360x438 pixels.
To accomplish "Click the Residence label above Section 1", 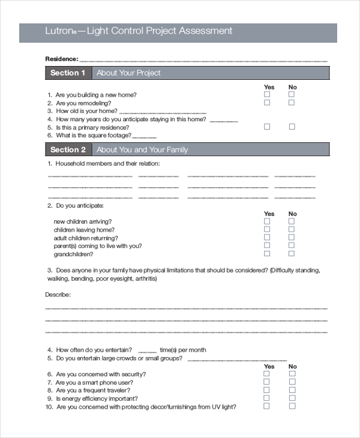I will [61, 59].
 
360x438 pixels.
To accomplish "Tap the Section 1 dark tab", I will [68, 73].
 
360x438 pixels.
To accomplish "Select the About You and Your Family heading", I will [142, 149].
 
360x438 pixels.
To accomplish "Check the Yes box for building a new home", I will [268, 95].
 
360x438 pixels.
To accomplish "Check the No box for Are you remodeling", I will [292, 103].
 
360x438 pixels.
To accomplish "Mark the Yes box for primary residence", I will [268, 127].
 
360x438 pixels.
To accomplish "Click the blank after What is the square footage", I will [150, 136].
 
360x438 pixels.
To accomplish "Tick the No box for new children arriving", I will [292, 221].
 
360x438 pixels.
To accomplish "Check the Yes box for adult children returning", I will [268, 238].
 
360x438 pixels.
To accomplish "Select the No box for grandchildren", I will [292, 254].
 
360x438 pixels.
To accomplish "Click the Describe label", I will [58, 295].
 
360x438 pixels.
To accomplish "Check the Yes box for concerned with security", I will [268, 374].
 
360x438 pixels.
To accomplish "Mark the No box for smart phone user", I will [292, 382].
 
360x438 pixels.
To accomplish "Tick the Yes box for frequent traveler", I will [268, 390].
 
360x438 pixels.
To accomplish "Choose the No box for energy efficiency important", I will [292, 398].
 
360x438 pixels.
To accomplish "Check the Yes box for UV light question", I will [268, 406].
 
